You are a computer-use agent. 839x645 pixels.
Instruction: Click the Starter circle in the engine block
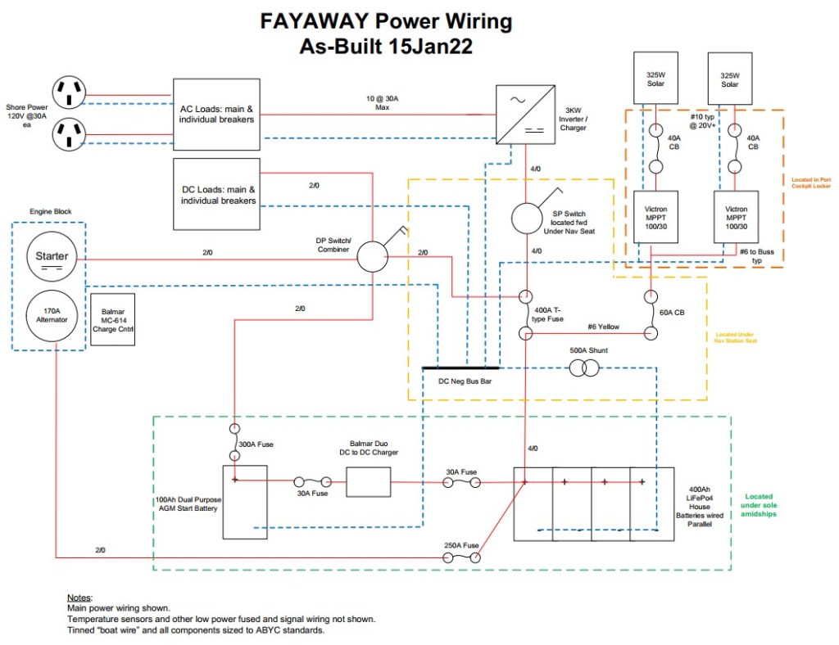(x=51, y=258)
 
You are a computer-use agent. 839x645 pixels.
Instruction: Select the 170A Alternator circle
(x=51, y=314)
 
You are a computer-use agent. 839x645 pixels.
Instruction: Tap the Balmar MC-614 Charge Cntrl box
(x=112, y=319)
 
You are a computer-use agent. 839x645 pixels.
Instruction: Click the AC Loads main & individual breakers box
(x=217, y=114)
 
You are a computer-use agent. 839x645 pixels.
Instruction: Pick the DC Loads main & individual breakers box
(x=217, y=194)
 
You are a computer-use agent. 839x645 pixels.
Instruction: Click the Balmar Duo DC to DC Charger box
(x=369, y=482)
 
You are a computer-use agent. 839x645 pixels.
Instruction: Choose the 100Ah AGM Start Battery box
(x=246, y=502)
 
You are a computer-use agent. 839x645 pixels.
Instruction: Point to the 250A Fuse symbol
(x=461, y=557)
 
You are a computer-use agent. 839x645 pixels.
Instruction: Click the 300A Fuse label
(x=256, y=444)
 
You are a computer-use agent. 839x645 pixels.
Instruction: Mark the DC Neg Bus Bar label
(x=464, y=381)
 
